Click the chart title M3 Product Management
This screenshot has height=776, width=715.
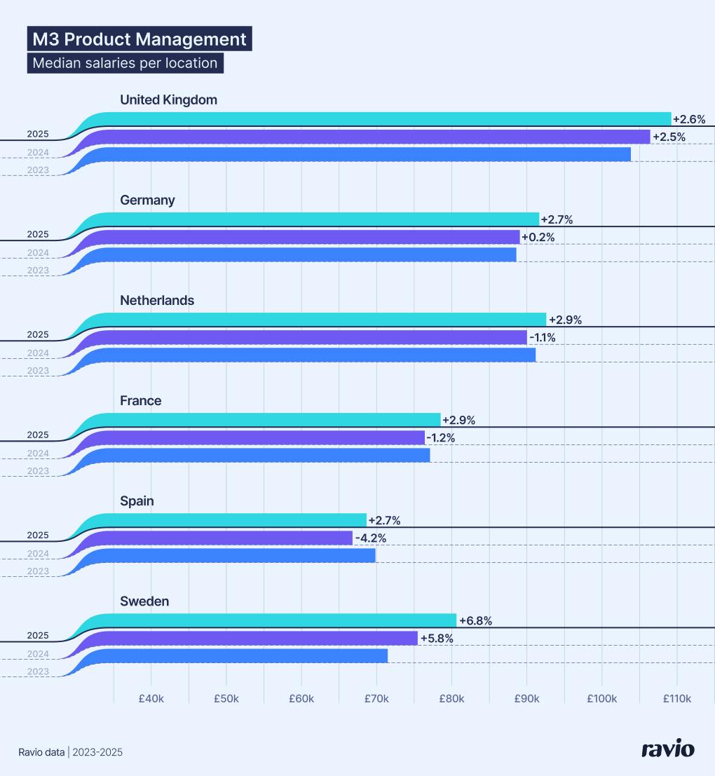click(x=139, y=39)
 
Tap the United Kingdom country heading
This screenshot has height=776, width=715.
click(x=168, y=100)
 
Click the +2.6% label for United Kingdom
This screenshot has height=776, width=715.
click(x=688, y=119)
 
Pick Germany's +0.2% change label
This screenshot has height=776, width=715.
click(x=538, y=238)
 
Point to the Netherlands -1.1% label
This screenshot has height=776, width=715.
click(x=543, y=338)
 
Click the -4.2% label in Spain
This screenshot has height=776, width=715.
click(x=371, y=538)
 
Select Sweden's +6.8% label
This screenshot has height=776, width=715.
click(x=475, y=621)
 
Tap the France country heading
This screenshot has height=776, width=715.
click(x=140, y=400)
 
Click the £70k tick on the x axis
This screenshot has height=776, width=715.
click(x=376, y=699)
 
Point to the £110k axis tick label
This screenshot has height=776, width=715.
click(x=676, y=699)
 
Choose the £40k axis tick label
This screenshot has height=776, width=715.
click(x=151, y=699)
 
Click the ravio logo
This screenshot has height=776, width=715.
click(x=668, y=749)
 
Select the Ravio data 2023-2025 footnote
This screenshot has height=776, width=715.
click(x=70, y=752)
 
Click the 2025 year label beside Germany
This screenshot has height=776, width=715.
click(x=38, y=234)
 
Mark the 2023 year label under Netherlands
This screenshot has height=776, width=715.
click(x=38, y=371)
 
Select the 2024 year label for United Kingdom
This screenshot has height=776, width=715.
click(x=38, y=152)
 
